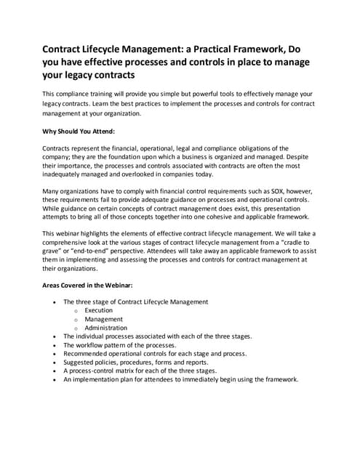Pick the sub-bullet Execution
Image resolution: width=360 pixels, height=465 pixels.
tap(98, 310)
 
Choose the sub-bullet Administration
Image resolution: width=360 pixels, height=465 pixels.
tap(105, 328)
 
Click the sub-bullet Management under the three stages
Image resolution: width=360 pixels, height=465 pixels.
tap(103, 319)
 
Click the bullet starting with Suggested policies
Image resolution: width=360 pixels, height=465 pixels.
tap(135, 362)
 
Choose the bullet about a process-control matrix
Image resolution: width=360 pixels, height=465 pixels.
tap(140, 371)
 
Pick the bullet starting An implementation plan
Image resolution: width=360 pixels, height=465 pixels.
tap(180, 379)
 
